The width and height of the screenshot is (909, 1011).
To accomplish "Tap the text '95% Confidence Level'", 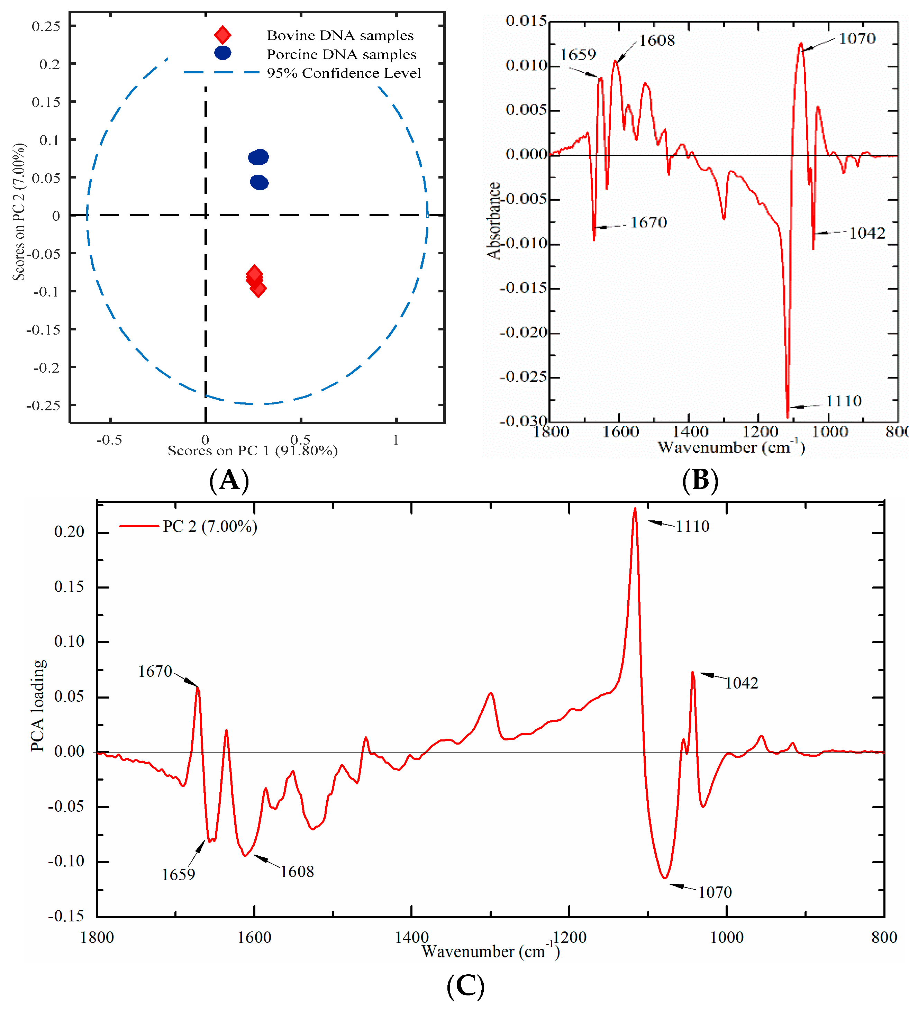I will coord(344,73).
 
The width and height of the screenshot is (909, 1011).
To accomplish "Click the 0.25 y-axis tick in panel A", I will coord(46,26).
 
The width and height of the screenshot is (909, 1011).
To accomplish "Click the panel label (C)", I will coord(465,986).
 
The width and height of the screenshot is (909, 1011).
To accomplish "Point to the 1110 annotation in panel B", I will coord(844,401).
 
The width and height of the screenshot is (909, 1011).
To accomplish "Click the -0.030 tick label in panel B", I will coord(523,421).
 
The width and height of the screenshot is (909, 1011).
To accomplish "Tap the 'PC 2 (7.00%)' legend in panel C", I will coord(210,527).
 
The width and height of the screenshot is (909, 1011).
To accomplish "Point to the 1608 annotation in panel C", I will coord(297,872).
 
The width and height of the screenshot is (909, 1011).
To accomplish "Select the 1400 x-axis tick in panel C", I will coord(411,937).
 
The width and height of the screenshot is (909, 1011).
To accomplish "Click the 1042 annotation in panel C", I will coord(742,683).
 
